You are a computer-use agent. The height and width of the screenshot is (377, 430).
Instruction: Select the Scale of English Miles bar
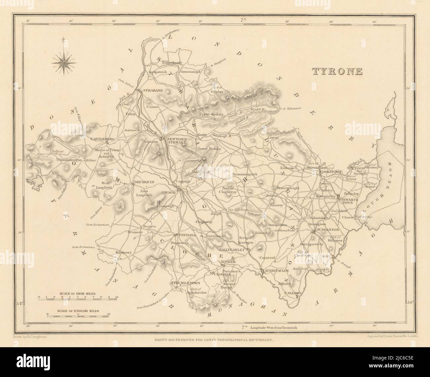point(78,316)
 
